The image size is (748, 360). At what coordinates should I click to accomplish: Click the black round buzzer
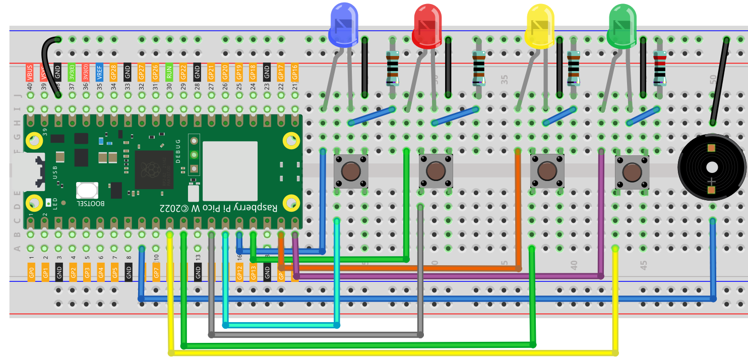(x=711, y=168)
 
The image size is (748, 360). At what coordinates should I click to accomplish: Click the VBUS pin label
(x=30, y=73)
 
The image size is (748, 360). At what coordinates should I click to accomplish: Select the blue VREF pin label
(x=100, y=73)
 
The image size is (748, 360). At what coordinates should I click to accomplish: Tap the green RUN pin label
(x=169, y=73)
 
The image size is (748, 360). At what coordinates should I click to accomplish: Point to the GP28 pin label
(x=114, y=73)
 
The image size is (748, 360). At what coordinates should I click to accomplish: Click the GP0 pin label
(x=31, y=272)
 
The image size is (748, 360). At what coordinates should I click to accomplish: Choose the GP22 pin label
(x=183, y=73)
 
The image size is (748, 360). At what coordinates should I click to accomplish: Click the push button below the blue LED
(x=351, y=172)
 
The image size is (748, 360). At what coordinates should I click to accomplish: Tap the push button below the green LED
(x=632, y=172)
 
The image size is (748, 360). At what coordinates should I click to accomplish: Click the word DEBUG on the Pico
(x=177, y=151)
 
